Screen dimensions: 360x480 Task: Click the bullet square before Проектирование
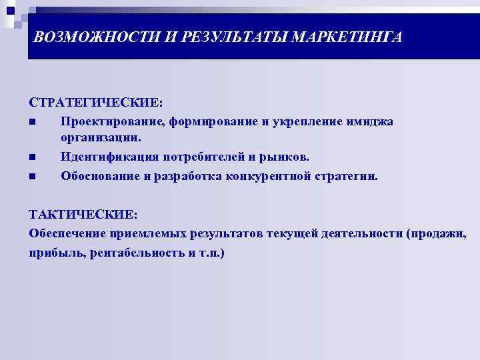tap(32, 122)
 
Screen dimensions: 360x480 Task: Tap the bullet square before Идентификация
tap(32, 158)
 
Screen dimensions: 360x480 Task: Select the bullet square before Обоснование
tap(32, 177)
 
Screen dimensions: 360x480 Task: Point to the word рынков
tap(286, 158)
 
